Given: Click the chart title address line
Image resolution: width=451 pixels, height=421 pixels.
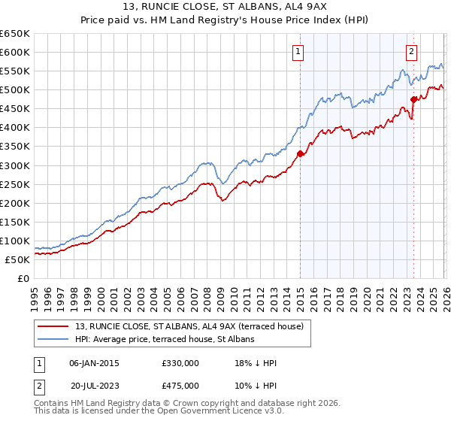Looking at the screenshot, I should (x=225, y=8).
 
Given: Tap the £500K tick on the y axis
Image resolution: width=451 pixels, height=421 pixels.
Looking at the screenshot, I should (x=14, y=90).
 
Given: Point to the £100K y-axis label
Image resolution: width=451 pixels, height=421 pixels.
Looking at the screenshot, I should (x=14, y=241).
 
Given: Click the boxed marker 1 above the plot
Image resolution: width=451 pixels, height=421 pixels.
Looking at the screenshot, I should (x=299, y=52).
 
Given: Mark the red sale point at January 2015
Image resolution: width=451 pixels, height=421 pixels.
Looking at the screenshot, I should (x=300, y=153).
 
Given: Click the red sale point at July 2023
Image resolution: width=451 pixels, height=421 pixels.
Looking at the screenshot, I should (x=413, y=99).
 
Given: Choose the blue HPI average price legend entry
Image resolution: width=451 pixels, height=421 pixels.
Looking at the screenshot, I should (x=165, y=339).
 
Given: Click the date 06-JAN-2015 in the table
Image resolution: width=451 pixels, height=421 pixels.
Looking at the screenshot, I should (x=94, y=363).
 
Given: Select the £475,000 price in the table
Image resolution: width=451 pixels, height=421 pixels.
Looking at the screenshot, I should (x=180, y=385).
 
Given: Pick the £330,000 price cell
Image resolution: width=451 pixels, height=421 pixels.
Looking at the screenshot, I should (x=180, y=363).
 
